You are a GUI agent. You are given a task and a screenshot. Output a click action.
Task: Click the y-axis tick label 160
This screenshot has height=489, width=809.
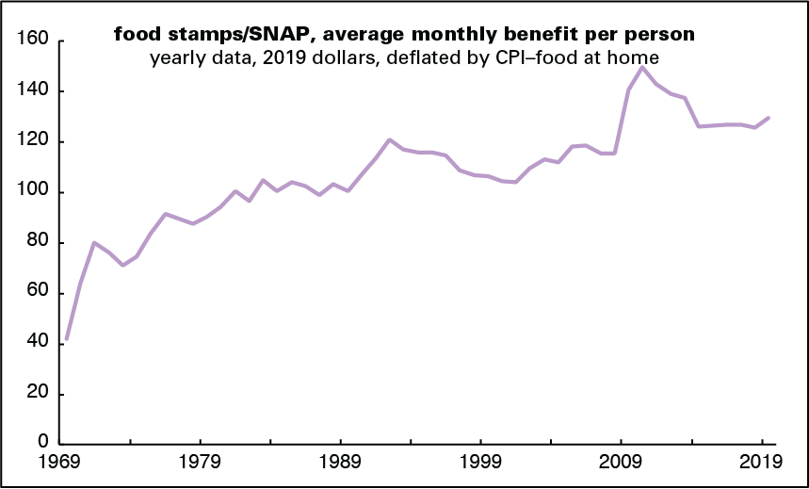coord(35,41)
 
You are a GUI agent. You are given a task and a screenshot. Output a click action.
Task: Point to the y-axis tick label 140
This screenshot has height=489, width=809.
coord(35,91)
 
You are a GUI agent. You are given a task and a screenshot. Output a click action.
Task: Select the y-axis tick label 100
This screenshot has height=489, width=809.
coord(35,192)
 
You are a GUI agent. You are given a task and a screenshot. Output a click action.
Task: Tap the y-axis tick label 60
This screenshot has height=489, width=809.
coord(40,293)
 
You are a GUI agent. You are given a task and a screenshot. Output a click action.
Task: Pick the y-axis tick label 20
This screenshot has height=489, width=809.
coord(40,394)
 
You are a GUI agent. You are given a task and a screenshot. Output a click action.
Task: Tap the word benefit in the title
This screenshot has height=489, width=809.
coord(519,35)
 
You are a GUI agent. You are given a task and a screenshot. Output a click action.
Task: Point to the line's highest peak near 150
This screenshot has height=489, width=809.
coord(642,67)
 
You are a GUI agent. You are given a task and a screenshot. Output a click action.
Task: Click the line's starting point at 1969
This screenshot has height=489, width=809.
coord(66,339)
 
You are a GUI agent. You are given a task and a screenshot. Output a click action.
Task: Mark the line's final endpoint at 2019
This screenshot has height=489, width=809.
coord(769,118)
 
